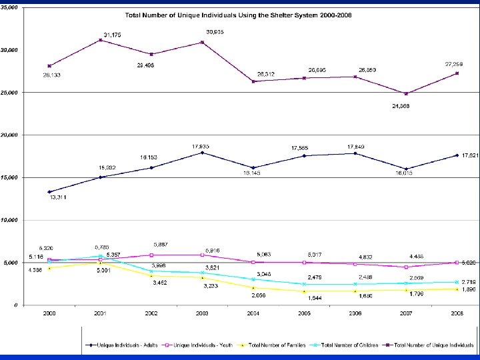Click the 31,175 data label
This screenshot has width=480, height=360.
pos(112,33)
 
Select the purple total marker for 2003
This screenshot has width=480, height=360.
pos(202,42)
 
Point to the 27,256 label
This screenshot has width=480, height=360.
pos(455,64)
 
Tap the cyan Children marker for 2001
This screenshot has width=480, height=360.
pos(101,256)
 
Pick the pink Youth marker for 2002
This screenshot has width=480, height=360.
pos(151,255)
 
